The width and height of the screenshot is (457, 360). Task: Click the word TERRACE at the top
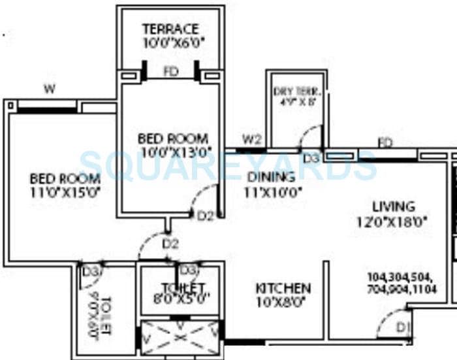[x=170, y=29]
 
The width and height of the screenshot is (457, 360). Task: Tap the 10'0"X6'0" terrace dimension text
[x=170, y=43]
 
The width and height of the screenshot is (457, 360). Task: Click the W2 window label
[x=252, y=139]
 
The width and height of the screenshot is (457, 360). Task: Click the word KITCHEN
[x=283, y=288]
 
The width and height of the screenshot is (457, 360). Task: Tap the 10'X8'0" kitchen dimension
[x=283, y=302]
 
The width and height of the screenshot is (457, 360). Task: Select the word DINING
[x=271, y=176]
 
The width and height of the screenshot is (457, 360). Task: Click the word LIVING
[x=393, y=207]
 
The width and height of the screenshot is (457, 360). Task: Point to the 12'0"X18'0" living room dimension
[x=393, y=221]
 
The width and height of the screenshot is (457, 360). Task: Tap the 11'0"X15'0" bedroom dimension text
[x=65, y=192]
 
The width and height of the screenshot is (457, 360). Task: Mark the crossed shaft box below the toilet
[x=180, y=338]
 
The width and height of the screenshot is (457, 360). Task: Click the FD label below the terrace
[x=171, y=73]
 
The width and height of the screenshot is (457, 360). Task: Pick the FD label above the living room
[x=385, y=142]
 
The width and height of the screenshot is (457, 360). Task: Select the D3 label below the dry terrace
[x=311, y=158]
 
